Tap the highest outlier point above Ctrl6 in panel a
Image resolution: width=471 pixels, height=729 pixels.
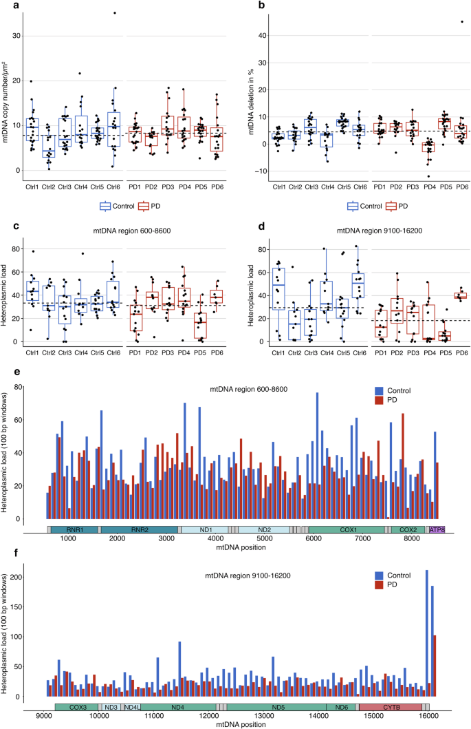(x=114, y=13)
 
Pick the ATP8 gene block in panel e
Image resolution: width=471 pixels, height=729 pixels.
(x=436, y=529)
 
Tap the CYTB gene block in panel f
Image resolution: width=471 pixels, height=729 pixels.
(x=390, y=707)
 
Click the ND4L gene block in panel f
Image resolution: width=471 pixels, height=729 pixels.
(x=131, y=707)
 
